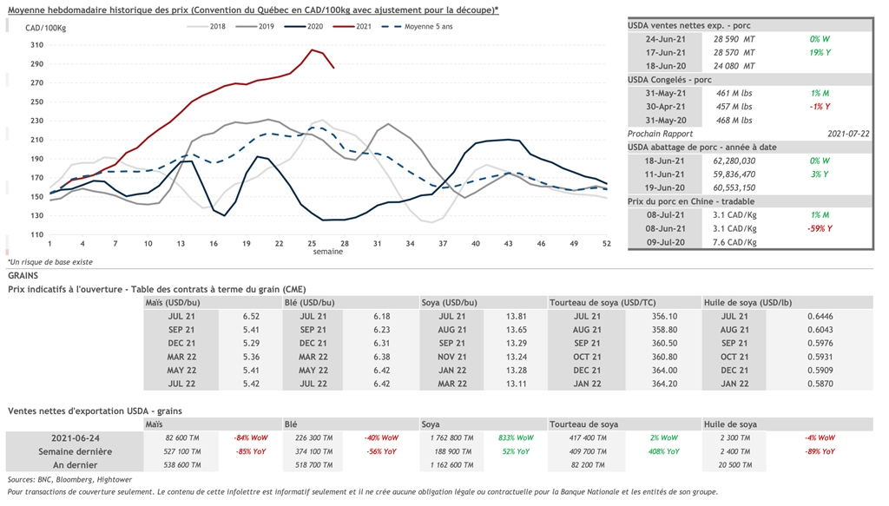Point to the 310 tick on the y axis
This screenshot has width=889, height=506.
coord(36,45)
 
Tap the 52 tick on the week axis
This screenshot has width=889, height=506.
coord(607,244)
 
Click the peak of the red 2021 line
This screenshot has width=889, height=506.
coord(311,49)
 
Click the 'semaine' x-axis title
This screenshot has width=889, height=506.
coord(327,252)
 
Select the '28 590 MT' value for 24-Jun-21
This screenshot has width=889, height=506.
coord(734,39)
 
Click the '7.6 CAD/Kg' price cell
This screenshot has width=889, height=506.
coord(734,241)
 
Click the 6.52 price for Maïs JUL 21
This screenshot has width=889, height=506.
coord(252,317)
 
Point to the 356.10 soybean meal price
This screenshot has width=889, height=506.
coord(664,317)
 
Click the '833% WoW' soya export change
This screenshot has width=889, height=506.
coord(517,438)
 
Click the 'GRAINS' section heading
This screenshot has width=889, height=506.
coord(23,275)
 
